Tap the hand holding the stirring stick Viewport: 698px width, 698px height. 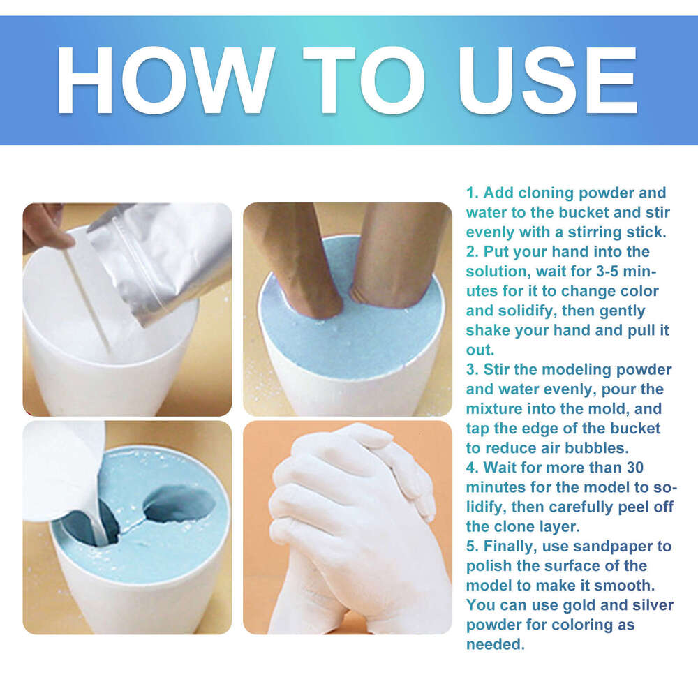tap(45, 227)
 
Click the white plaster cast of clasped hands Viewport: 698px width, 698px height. tap(349, 523)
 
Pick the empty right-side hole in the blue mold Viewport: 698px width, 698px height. tap(181, 503)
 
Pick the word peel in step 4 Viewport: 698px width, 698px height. tap(630, 506)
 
